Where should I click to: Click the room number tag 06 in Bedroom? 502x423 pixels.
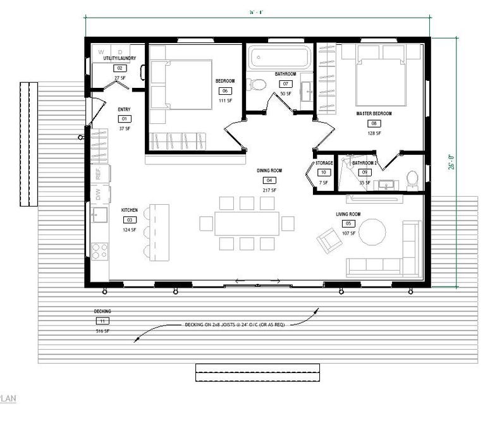(224, 91)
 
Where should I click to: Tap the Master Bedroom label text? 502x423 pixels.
(374, 114)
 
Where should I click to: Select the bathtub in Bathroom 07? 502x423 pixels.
(279, 58)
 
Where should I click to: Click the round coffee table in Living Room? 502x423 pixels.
(371, 233)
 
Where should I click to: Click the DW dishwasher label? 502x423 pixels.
(98, 195)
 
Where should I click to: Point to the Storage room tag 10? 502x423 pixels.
(323, 173)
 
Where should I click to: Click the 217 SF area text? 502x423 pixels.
(269, 190)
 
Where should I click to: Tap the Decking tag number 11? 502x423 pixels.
(102, 321)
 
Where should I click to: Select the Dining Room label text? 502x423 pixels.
(269, 171)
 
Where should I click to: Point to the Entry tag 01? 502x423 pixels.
(124, 119)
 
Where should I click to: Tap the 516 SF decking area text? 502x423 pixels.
(102, 331)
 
